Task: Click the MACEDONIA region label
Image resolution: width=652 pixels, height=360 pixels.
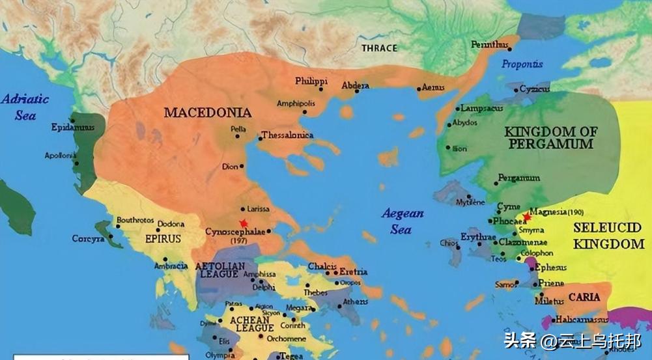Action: (x=207, y=113)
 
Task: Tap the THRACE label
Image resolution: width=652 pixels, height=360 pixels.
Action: (x=380, y=48)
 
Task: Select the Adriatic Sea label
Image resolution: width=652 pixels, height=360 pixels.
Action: (x=25, y=107)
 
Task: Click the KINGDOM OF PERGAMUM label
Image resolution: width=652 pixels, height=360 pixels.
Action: (x=550, y=137)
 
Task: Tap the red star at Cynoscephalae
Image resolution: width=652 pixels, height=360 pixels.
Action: (x=244, y=223)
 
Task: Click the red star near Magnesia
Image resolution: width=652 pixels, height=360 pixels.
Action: (x=526, y=217)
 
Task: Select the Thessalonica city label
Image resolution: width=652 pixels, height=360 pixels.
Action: (x=287, y=135)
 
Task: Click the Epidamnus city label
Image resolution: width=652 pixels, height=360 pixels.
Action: (x=72, y=128)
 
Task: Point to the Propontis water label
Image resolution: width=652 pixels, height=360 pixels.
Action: (x=522, y=64)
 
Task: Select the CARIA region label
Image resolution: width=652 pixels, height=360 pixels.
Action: (x=584, y=297)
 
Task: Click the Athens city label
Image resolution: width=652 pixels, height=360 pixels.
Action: (x=355, y=302)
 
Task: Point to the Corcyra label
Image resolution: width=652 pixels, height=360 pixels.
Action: (x=88, y=239)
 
